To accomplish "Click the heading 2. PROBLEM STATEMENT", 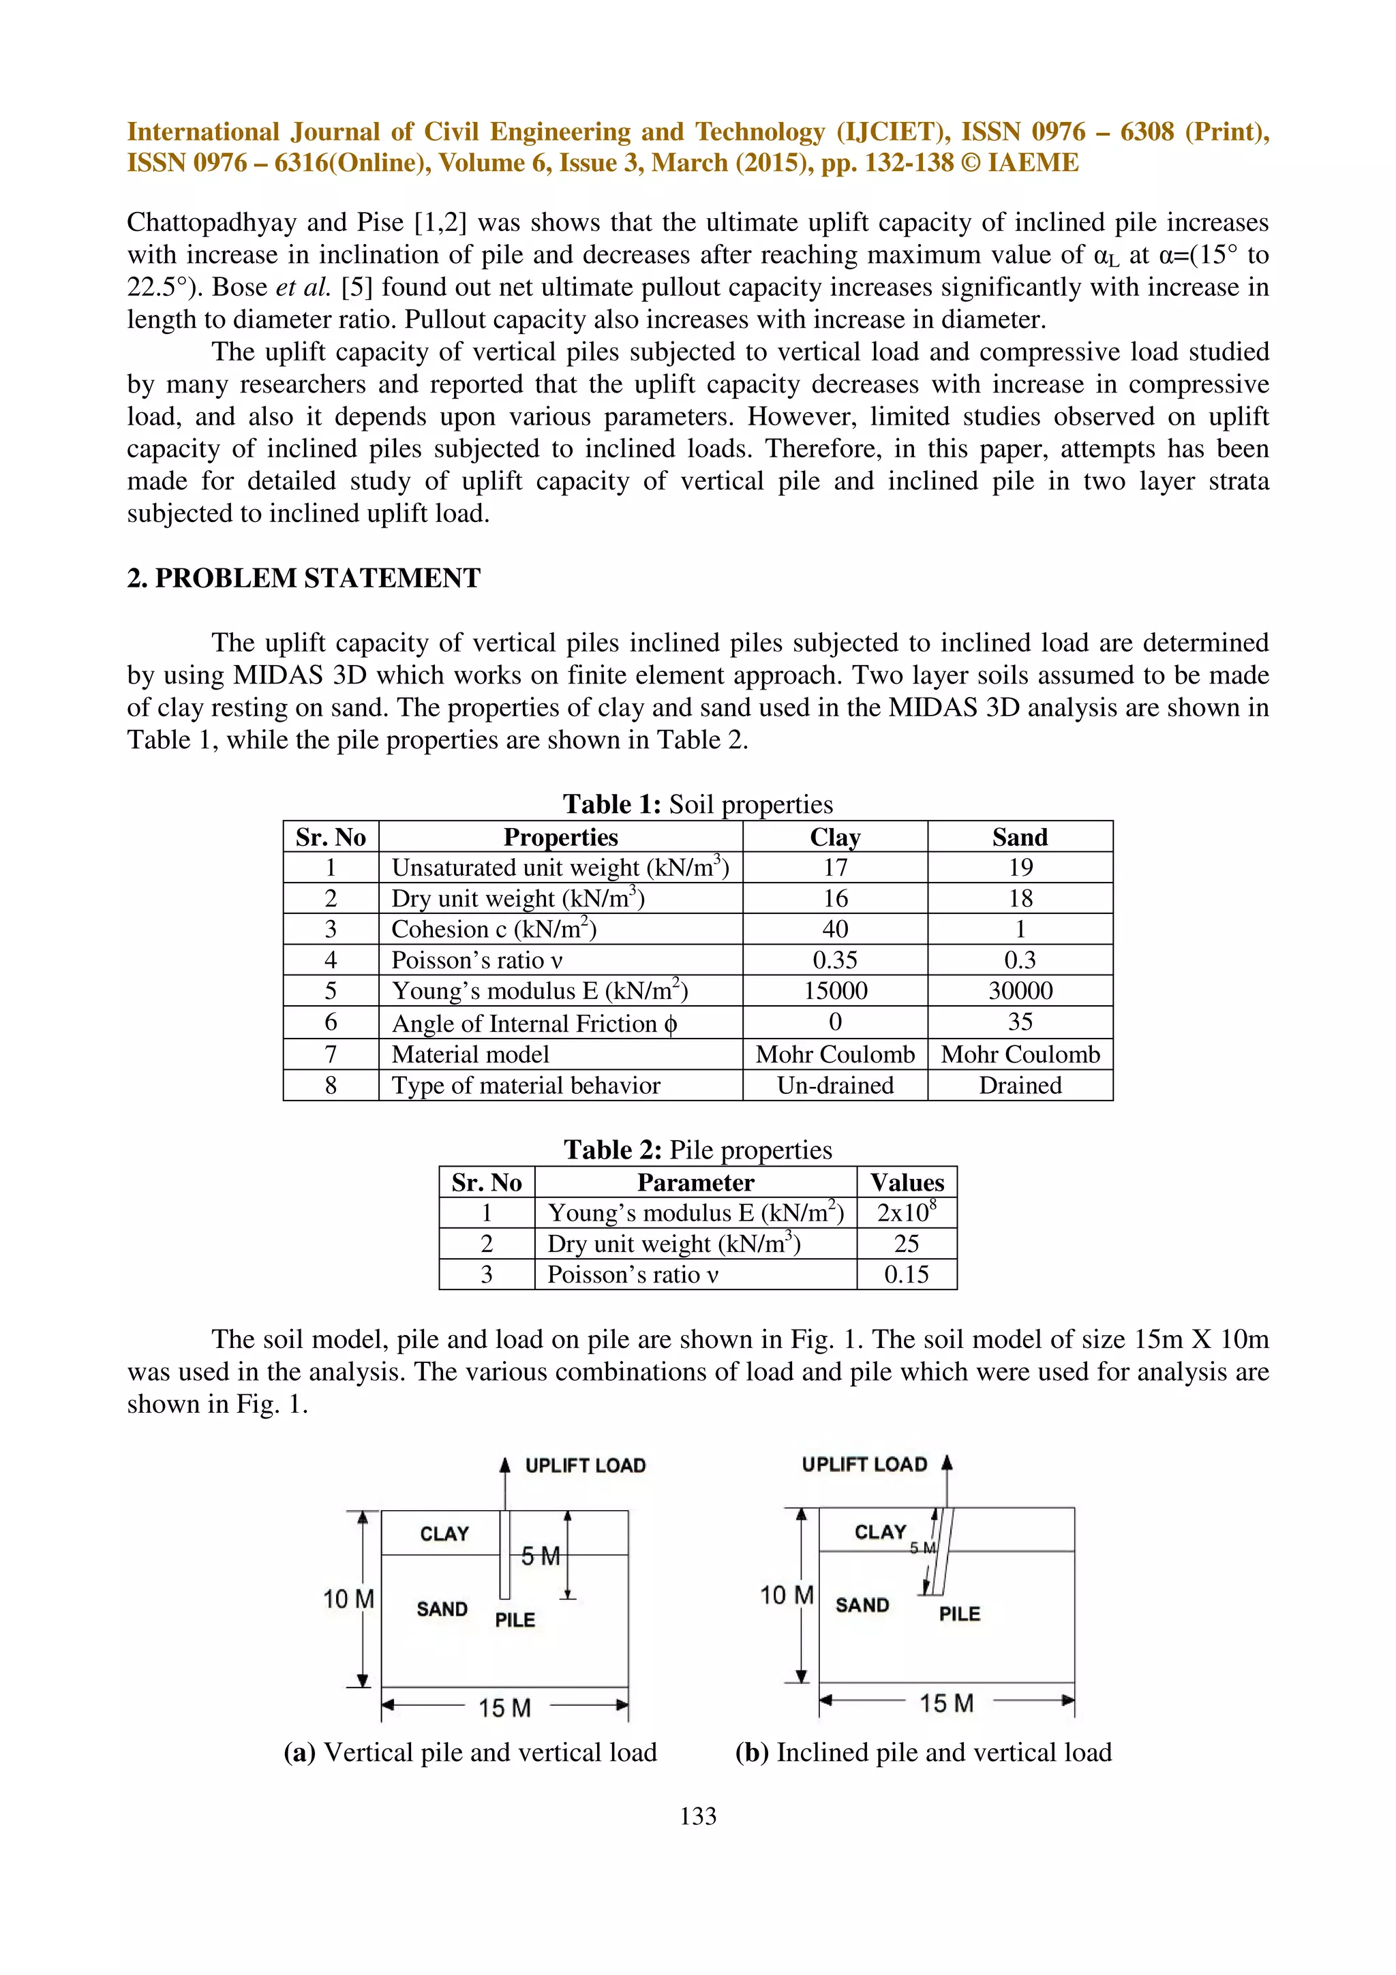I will point(303,578).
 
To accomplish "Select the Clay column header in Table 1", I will point(834,837).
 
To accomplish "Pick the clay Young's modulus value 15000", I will point(834,991).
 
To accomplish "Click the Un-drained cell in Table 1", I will point(834,1086).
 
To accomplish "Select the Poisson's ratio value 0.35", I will point(834,960).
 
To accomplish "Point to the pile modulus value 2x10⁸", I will point(906,1213).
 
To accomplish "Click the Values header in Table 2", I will point(907,1183).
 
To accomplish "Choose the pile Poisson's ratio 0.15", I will point(906,1275).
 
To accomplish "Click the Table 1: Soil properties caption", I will point(697,804).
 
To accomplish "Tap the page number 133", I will point(697,1816).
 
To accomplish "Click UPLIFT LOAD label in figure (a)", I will point(585,1466).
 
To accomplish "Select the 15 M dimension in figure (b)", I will point(946,1703).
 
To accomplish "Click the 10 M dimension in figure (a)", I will point(348,1599).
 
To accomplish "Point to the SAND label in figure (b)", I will point(862,1605).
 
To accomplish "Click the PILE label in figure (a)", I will point(515,1620).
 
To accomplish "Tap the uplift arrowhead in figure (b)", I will point(947,1463).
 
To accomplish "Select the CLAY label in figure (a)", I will point(444,1533).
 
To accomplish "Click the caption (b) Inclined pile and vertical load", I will point(923,1752).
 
